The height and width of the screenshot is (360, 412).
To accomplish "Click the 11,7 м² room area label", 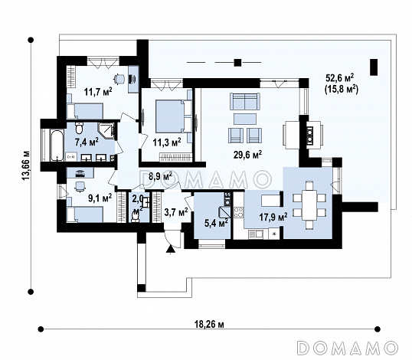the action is point(98,92).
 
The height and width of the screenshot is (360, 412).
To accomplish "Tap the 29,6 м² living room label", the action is point(248,155).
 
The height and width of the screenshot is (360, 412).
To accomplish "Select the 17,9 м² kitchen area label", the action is point(273,217).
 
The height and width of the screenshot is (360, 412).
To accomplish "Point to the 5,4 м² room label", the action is point(216,223).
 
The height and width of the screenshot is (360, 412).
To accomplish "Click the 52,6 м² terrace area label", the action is point(340,78).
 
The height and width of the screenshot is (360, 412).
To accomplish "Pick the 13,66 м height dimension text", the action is point(26,165).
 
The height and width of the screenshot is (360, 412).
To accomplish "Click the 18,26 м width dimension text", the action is point(209,325).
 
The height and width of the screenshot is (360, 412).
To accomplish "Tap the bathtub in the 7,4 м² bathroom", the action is point(57,146).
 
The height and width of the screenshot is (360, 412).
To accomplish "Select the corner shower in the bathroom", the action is point(107,131).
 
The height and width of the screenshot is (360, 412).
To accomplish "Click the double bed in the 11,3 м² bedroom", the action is point(171,116).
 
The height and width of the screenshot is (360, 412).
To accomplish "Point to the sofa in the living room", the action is point(245,101).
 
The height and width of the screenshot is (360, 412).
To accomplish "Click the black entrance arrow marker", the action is point(171,249).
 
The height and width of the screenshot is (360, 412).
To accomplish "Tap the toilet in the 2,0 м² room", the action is point(135,217).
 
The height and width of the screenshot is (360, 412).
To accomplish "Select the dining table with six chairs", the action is point(309,205).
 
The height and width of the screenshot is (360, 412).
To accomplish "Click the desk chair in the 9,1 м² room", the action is point(80,187).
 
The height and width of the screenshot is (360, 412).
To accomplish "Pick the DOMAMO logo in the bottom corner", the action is point(348,349).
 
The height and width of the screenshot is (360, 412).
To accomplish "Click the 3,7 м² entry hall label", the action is point(176,211).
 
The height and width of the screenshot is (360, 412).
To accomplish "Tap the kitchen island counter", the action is point(270,201).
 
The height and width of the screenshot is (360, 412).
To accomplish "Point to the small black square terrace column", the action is point(237,63).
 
